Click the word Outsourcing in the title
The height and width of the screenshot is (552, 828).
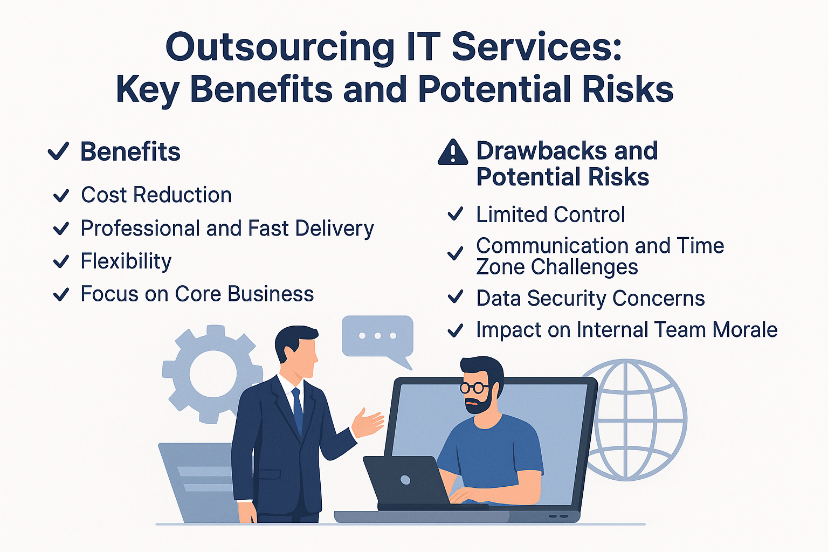click(280, 48)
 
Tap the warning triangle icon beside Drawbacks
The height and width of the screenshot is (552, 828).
click(453, 153)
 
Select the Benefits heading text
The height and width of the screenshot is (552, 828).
click(130, 151)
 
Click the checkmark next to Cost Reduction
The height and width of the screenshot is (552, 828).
click(61, 196)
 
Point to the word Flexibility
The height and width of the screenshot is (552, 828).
click(126, 262)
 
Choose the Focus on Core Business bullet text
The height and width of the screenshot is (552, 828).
click(197, 294)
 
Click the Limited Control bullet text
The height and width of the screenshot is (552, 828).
click(550, 215)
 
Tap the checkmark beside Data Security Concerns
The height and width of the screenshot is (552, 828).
click(456, 297)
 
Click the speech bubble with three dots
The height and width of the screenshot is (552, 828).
click(377, 339)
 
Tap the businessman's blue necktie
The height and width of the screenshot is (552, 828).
click(297, 410)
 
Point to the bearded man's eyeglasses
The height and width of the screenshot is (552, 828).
click(474, 388)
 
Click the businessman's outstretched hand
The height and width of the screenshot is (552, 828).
click(368, 423)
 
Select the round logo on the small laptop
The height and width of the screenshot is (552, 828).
click(405, 480)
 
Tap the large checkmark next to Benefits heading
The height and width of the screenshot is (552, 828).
click(58, 151)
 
